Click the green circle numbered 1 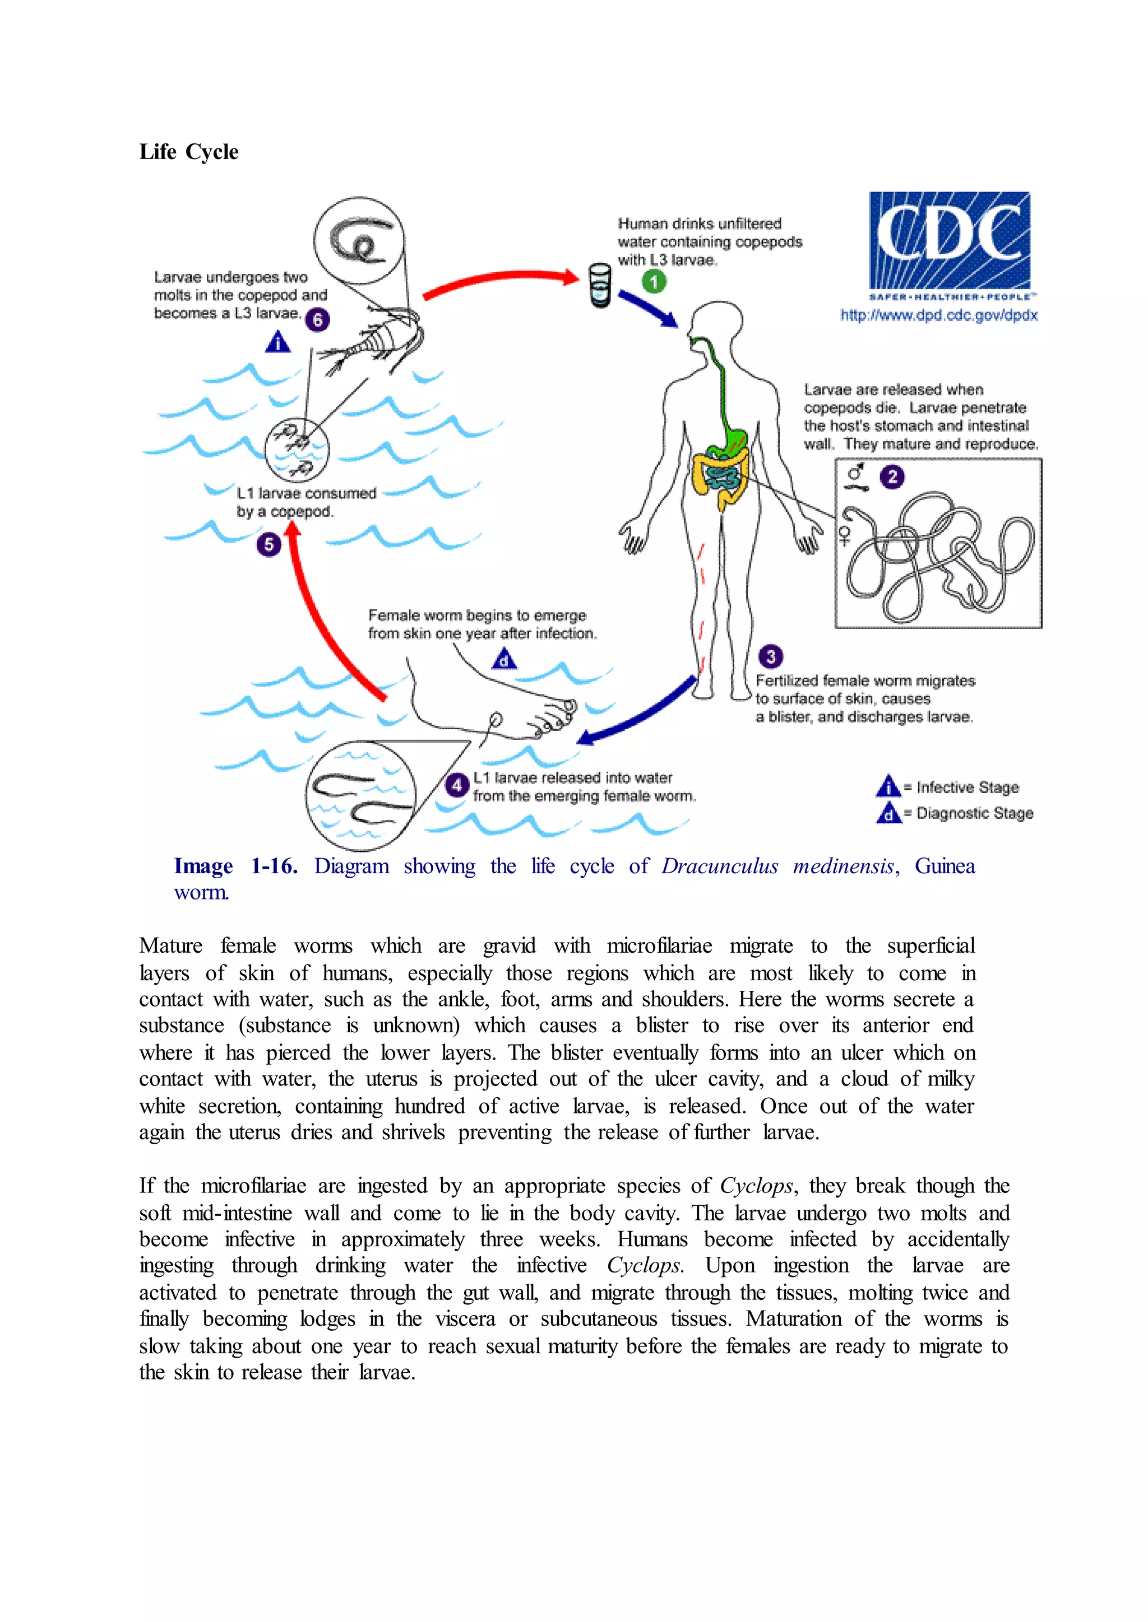[654, 282]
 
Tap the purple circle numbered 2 [892, 477]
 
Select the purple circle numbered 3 [771, 656]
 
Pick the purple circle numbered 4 [457, 785]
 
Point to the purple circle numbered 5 [269, 544]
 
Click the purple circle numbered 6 [317, 320]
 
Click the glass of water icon [600, 286]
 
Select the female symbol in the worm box [845, 535]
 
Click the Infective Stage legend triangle [888, 786]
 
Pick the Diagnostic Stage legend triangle [888, 813]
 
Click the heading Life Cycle [189, 152]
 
